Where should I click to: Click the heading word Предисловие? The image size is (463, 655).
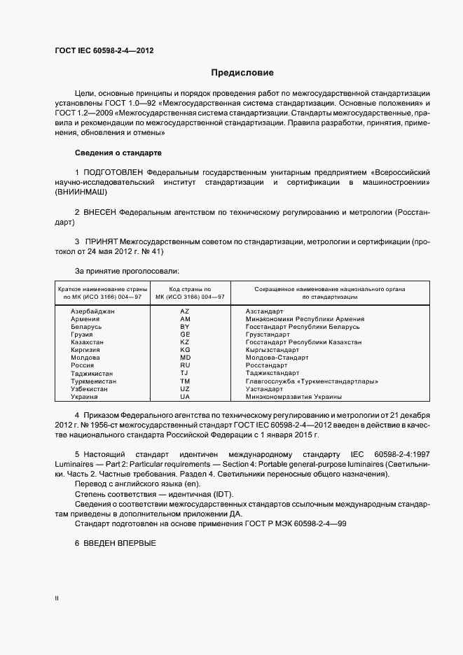pyautogui.click(x=242, y=73)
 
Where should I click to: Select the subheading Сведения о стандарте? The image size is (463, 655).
pyautogui.click(x=118, y=152)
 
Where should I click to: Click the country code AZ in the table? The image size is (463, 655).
pyautogui.click(x=185, y=311)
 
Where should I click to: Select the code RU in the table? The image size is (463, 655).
pyautogui.click(x=185, y=365)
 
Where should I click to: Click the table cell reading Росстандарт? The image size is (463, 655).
pyautogui.click(x=267, y=365)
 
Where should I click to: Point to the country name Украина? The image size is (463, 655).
pyautogui.click(x=85, y=396)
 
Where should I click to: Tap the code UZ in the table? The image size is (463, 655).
pyautogui.click(x=185, y=388)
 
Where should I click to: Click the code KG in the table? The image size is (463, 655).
pyautogui.click(x=185, y=349)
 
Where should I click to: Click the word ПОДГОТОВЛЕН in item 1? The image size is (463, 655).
pyautogui.click(x=113, y=171)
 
